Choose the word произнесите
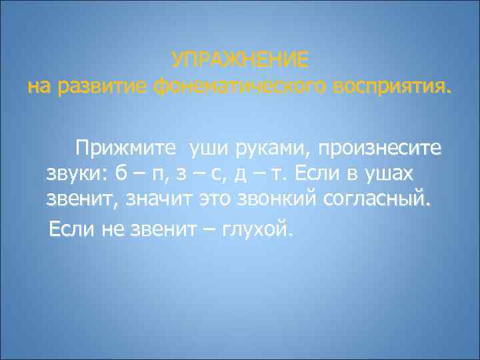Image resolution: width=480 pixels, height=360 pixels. click(x=381, y=147)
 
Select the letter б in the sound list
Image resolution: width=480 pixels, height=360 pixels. click(x=121, y=175)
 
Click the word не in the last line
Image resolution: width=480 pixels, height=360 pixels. click(x=109, y=231)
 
